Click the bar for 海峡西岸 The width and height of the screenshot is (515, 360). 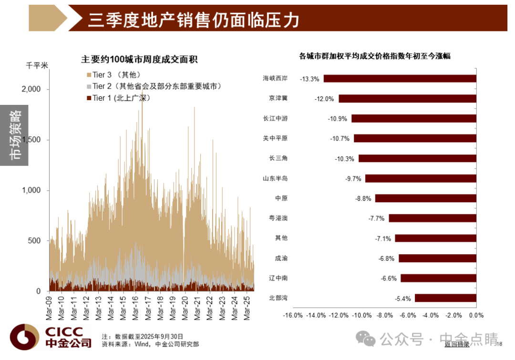400,79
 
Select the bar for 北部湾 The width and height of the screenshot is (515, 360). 445,298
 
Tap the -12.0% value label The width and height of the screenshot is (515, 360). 324,99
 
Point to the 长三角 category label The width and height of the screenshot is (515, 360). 278,158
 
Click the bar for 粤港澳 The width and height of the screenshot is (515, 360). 433,218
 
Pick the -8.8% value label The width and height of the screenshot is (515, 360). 363,199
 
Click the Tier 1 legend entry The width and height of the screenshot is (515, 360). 118,98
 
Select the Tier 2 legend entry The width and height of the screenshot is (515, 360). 154,86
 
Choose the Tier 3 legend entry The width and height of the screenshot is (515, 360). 113,75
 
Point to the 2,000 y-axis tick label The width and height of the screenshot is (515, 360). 31,89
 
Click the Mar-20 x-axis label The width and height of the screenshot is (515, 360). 185,308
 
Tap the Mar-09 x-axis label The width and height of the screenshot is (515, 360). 49,308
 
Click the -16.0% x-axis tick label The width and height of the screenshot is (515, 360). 293,315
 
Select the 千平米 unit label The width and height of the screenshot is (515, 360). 37,65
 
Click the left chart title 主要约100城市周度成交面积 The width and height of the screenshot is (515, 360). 139,60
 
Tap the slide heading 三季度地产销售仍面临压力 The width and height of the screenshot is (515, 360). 194,20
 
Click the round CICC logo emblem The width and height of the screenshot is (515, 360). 25,337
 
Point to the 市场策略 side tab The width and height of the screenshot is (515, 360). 14,135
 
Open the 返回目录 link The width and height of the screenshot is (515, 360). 457,344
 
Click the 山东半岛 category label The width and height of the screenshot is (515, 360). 275,178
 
